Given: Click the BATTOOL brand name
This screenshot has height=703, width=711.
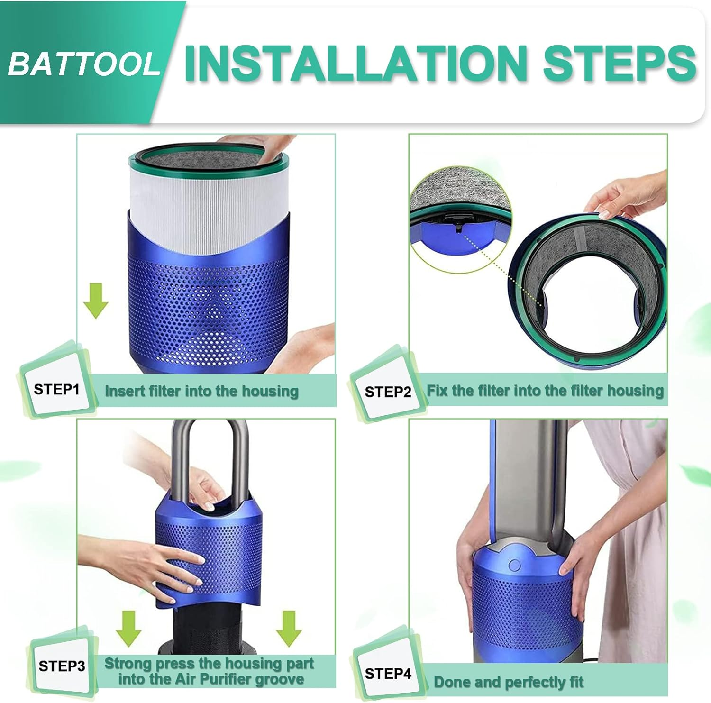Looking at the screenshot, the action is pyautogui.click(x=84, y=64).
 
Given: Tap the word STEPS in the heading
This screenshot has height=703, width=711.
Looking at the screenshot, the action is pyautogui.click(x=619, y=63).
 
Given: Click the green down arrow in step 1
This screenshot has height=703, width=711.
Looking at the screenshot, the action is pyautogui.click(x=96, y=301).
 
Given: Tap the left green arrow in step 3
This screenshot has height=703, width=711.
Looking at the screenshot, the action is pyautogui.click(x=128, y=628).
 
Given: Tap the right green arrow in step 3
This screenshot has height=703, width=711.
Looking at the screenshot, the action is pyautogui.click(x=289, y=628).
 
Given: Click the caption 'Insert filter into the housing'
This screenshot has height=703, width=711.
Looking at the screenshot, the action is pyautogui.click(x=201, y=391).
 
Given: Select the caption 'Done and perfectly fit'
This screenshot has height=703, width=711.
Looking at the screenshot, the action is pyautogui.click(x=509, y=682).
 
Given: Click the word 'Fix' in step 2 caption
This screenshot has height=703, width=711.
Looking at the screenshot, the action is pyautogui.click(x=437, y=390).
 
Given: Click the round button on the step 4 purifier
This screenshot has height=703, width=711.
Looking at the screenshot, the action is pyautogui.click(x=514, y=565).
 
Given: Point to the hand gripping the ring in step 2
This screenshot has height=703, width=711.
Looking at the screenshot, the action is pyautogui.click(x=626, y=194).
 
